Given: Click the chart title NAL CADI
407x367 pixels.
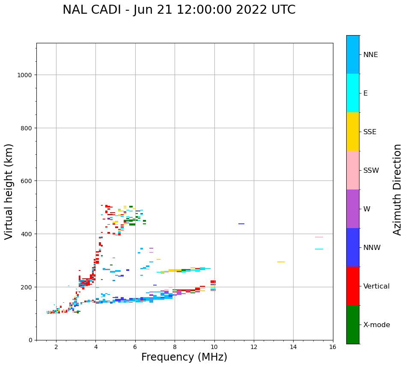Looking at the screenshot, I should [x=179, y=10].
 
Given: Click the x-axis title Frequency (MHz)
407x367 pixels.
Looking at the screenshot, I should [x=184, y=357].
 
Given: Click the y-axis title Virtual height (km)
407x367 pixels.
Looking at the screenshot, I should [x=9, y=191].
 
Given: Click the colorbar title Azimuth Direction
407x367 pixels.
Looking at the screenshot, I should [x=398, y=190].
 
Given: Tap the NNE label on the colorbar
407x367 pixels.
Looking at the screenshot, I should [x=371, y=54].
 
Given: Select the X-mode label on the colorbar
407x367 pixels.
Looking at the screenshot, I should [x=377, y=325].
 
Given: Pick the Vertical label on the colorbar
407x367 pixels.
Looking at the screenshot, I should [x=377, y=286].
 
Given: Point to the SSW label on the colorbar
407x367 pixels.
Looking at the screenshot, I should [x=371, y=170].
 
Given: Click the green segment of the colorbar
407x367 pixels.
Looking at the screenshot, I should [x=353, y=325].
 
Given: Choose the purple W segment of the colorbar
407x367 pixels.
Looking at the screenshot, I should [x=353, y=209].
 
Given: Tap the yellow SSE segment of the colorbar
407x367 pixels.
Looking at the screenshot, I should [x=353, y=132].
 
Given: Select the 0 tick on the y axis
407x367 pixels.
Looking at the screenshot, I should [x=30, y=340].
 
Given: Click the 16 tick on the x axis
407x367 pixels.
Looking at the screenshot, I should [x=333, y=347].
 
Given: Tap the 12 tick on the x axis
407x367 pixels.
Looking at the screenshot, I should [x=254, y=347].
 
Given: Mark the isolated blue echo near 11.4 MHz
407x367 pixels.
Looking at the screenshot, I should [x=241, y=224].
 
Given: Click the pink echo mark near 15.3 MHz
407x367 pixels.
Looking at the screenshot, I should [x=319, y=237].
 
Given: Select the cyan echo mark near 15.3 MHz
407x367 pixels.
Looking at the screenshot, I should [x=319, y=249].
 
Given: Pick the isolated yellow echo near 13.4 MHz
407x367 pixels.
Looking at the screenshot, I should [x=281, y=262].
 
